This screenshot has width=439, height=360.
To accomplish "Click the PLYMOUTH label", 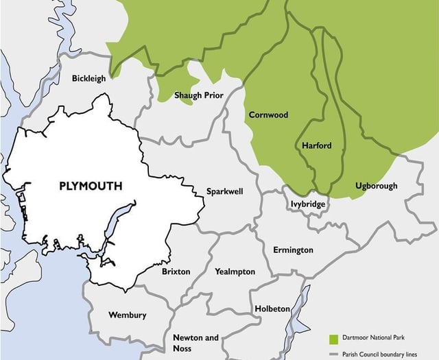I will coord(91,186).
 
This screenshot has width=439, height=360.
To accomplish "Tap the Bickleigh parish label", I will coord(89,78).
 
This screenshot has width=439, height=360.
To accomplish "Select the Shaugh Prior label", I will coord(198,95).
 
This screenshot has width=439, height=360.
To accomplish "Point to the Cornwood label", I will coord(268,115).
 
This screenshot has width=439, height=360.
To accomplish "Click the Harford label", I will coord(316,145).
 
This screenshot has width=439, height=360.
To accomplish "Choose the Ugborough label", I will coord(377,186).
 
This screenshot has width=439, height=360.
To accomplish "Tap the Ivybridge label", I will coord(307,204).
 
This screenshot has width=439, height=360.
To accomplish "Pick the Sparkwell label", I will coord(225,192).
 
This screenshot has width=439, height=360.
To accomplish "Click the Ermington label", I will coord(293,250).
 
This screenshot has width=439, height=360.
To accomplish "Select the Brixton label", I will coord(176,272).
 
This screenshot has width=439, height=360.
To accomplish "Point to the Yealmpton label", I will coord(235,272).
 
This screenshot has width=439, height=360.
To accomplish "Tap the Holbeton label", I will coord(272,309).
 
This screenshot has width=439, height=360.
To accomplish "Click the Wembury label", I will coord(128,315).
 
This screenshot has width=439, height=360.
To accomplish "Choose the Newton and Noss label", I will coord(195,343).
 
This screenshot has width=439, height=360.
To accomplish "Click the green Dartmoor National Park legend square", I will coord(334,339).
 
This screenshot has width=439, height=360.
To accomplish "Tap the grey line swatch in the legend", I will coord(334,354).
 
